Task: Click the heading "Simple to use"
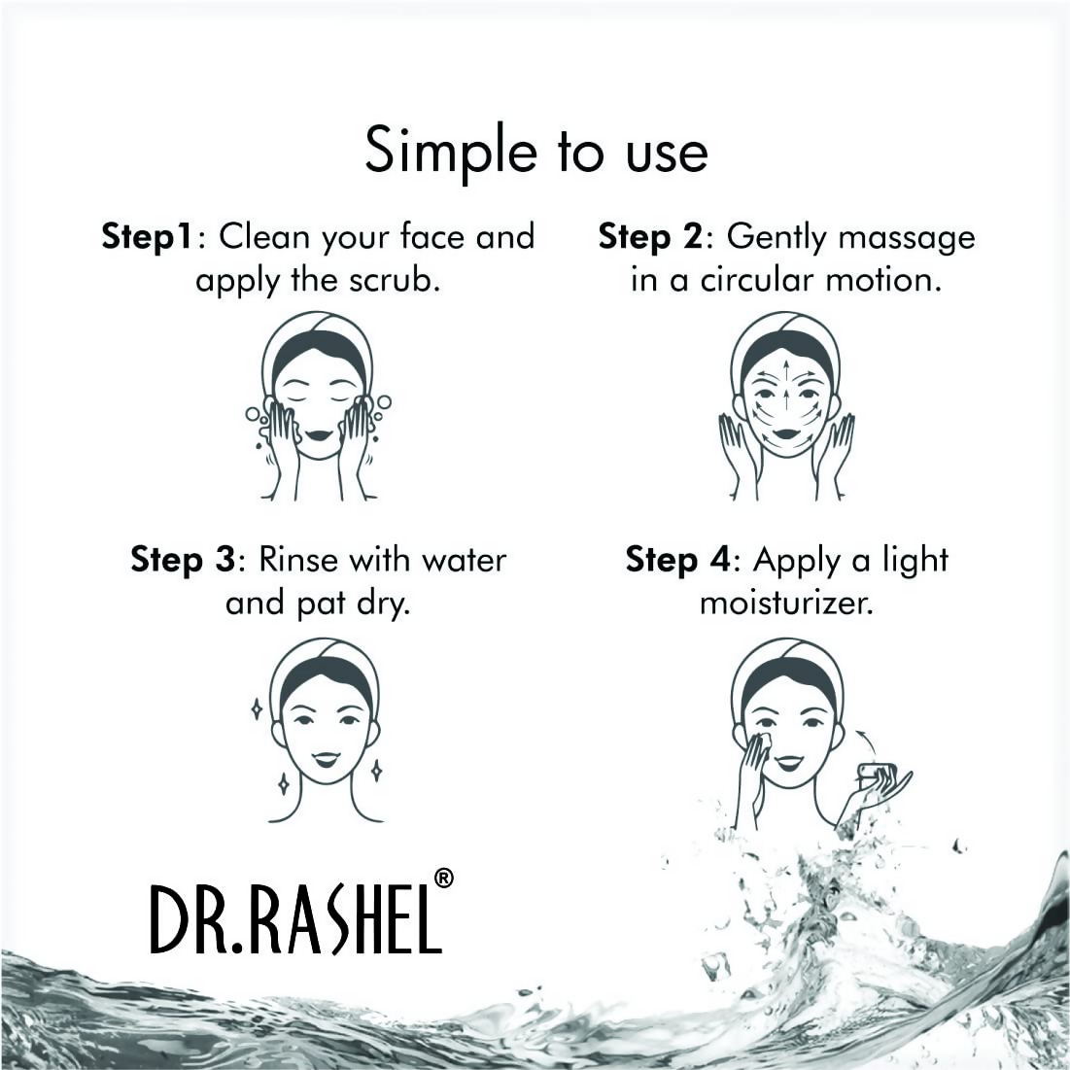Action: point(535,153)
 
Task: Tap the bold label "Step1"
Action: point(147,237)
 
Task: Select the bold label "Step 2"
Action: point(648,237)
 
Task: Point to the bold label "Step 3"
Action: point(183,560)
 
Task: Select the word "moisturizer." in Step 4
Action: point(786,604)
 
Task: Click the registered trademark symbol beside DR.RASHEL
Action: point(443,878)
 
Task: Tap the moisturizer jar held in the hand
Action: point(876,775)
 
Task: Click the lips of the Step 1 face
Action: point(319,433)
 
